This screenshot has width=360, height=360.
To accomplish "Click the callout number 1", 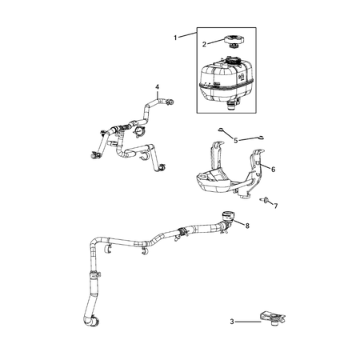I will (x=178, y=37).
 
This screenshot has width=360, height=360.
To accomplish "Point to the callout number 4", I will (x=158, y=86).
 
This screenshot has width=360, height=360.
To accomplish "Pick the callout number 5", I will (x=235, y=140).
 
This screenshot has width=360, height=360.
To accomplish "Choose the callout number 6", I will (x=273, y=170).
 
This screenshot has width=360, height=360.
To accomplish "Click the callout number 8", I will (x=246, y=226).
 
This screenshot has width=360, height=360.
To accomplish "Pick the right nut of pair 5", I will (x=258, y=138).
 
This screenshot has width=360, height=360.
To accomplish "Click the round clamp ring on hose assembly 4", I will (x=141, y=131).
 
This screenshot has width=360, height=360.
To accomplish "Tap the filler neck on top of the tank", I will (x=234, y=61).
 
